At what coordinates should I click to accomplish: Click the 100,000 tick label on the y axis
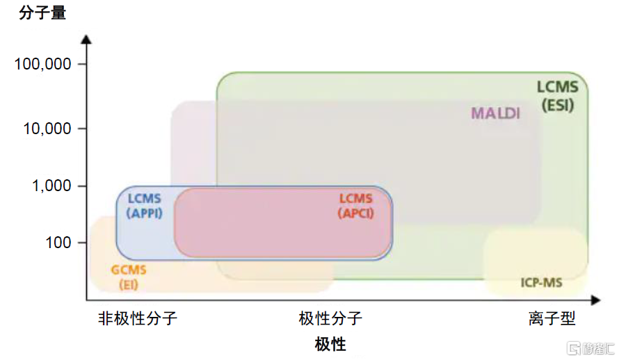42,65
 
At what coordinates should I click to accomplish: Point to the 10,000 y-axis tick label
46,129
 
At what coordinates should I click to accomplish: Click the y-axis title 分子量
42,13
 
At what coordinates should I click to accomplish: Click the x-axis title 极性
330,344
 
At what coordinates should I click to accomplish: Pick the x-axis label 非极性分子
138,319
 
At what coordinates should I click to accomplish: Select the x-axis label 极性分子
330,319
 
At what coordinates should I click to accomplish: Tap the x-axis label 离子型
552,319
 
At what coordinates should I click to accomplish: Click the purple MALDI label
495,113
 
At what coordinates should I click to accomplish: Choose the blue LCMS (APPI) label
144,206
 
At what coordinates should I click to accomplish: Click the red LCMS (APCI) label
355,206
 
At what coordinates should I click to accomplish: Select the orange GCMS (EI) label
129,277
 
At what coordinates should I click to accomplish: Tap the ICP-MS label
541,283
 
